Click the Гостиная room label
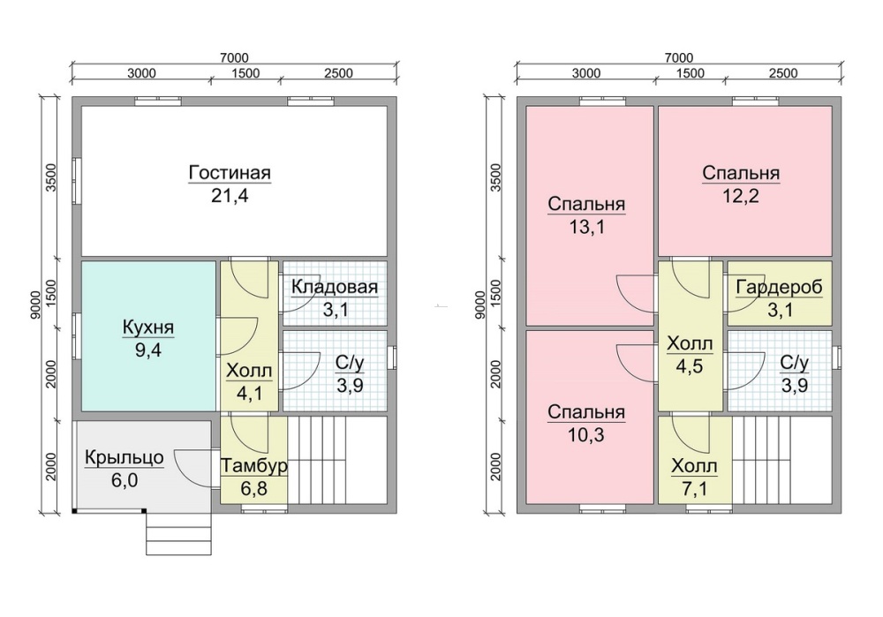[230, 172]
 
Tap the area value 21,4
[230, 196]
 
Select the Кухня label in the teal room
[148, 327]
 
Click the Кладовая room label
[335, 287]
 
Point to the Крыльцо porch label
[125, 458]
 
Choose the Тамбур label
[254, 466]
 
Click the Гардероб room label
[780, 287]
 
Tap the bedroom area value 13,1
[586, 227]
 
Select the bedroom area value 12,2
[741, 196]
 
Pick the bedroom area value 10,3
[586, 434]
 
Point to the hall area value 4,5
[690, 366]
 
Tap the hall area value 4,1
[250, 393]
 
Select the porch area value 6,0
[125, 481]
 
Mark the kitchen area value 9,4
[148, 350]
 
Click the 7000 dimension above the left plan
[234, 57]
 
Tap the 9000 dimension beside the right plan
[479, 305]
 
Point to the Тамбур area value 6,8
[254, 489]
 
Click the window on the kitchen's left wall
[77, 335]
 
